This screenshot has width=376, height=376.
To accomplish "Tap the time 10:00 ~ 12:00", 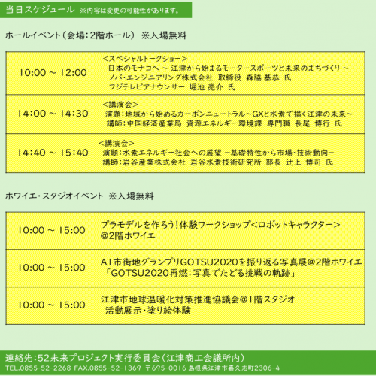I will tap(53, 73).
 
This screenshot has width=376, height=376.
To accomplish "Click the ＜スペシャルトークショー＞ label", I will tap(143, 58).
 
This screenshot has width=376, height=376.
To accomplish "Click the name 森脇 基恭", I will tap(261, 77).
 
